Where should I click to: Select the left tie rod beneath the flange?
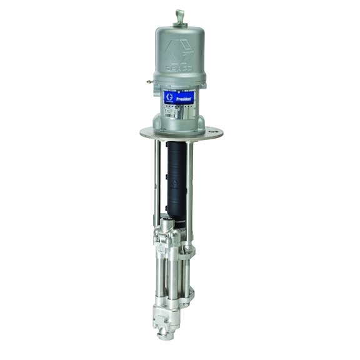tap(152, 181)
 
